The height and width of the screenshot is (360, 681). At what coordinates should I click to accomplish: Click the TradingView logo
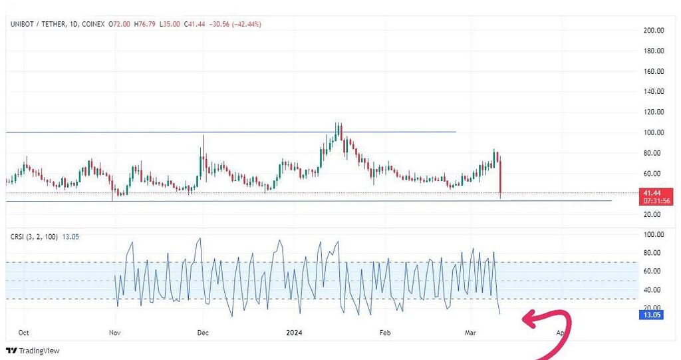pos(33,351)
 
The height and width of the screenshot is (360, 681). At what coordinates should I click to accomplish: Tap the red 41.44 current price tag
pos(652,192)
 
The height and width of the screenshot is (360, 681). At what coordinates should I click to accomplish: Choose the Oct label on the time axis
pos(24,331)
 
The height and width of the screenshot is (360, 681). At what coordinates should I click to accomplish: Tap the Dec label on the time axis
pos(203,331)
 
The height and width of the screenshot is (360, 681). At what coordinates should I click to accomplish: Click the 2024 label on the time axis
pos(293,331)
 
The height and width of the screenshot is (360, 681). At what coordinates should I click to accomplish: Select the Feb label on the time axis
pos(384,331)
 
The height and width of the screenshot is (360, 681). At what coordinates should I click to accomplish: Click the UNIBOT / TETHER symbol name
pos(39,24)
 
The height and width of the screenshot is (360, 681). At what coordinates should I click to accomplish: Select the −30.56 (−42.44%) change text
pos(236,24)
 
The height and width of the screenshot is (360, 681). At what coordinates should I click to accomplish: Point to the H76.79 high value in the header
pos(144,24)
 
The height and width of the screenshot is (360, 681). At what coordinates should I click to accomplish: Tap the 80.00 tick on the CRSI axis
pos(652,253)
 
